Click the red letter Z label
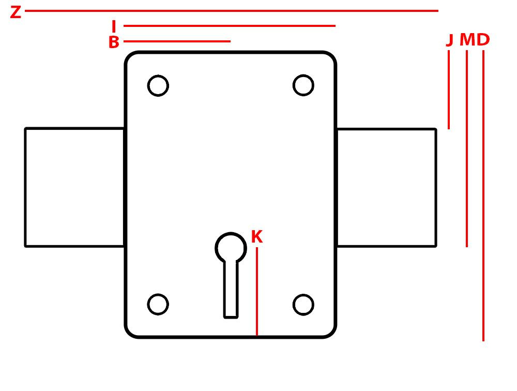pos(16,12)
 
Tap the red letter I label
pos(114,26)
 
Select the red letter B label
pos(114,42)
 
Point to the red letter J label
pos(449,40)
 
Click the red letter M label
pos(467,40)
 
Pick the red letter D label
pos(483,40)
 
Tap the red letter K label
pos(256,237)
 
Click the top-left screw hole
pos(158,85)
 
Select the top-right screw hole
pos(303,85)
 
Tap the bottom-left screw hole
pos(158,304)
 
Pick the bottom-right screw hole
pos(303,304)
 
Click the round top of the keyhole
pos(231,248)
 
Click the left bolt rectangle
pos(74,187)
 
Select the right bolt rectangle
pos(386,187)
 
